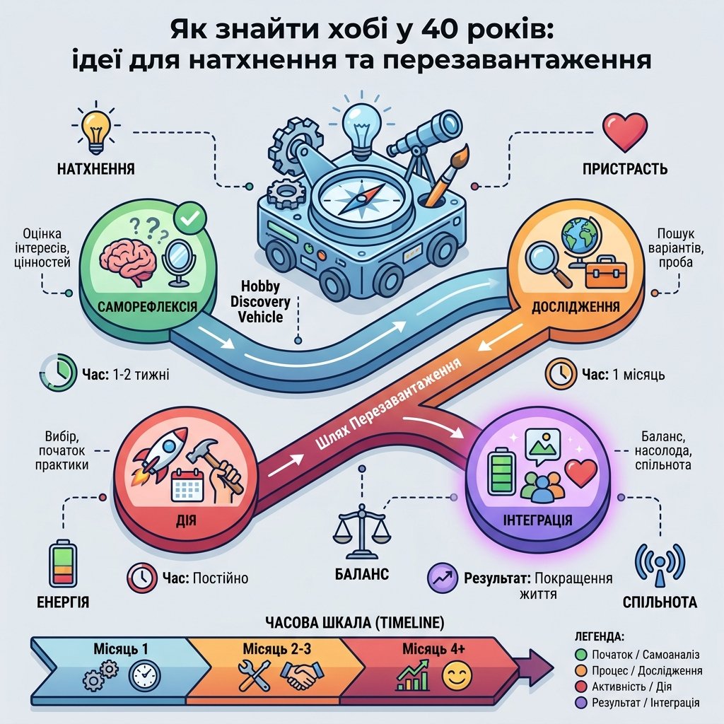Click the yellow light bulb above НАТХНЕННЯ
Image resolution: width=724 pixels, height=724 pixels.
pos(96,131)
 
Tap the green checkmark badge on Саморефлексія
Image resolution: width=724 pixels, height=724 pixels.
pos(189,218)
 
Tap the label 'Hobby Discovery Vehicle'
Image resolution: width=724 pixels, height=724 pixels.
pos(260,301)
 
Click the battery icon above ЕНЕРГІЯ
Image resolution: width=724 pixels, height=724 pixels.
pos(63,564)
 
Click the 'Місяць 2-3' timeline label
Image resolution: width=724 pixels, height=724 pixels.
pos(277,649)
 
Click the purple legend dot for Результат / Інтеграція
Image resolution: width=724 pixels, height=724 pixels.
pos(581,703)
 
